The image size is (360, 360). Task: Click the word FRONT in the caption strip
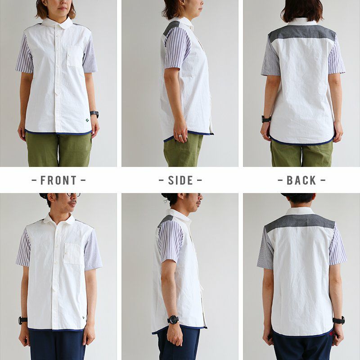[x=58, y=180]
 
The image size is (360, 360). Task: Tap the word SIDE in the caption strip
[x=180, y=180]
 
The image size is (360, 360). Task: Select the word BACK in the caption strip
[x=301, y=180]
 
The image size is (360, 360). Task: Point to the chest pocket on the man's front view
[x=73, y=253]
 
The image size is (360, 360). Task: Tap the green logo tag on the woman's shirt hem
[x=87, y=120]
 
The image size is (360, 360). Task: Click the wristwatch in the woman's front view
[x=94, y=114]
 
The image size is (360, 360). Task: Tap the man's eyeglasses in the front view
[x=73, y=195]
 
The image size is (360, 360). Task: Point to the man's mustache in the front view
[x=73, y=202]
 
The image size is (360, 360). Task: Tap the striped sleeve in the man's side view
[x=171, y=241]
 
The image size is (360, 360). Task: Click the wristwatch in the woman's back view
[x=266, y=119]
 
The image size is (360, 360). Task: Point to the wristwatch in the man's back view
[x=339, y=320]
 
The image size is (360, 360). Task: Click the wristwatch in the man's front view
[x=23, y=320]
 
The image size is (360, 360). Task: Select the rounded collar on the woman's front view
[x=57, y=23]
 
